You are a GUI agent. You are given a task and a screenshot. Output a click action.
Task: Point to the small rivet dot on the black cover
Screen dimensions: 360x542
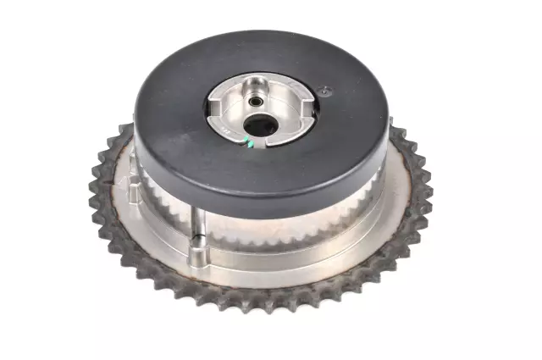(x=323, y=89)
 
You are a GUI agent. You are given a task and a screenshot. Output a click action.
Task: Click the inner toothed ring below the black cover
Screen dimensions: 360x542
(x=279, y=233)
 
